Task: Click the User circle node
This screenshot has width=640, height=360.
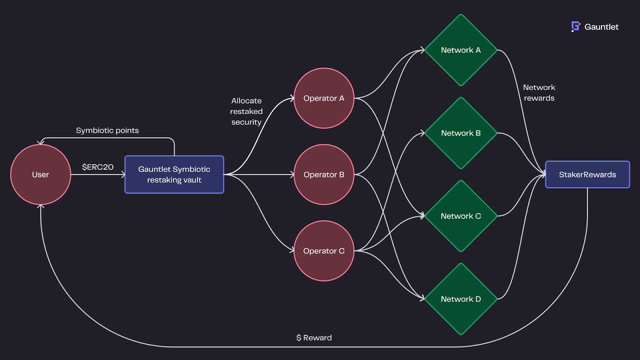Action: pos(40,174)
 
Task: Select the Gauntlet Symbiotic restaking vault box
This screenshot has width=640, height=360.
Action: pos(174,174)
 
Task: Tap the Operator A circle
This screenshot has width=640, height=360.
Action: pos(324,98)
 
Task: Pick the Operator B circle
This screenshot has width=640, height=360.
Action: pos(324,174)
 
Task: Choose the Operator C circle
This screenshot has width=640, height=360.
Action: pos(324,251)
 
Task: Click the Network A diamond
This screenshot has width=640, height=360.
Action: pos(461,50)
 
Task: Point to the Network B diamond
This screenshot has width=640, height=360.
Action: pos(461,133)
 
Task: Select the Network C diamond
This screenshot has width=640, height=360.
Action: pos(461,216)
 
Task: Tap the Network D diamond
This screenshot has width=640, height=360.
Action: pos(461,299)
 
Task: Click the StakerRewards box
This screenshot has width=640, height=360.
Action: pos(587,174)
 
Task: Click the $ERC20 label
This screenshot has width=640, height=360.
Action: pos(98,167)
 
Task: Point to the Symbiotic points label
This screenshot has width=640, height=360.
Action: pos(107,130)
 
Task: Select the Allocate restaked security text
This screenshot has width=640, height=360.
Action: pos(246,112)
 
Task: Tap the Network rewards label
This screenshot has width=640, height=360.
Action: pos(539,93)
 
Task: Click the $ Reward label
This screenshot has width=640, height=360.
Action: pos(314,338)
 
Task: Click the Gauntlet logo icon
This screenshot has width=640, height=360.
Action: pos(576,26)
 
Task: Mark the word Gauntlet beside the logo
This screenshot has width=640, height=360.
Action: pos(601,27)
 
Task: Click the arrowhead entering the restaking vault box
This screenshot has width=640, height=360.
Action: pos(123,174)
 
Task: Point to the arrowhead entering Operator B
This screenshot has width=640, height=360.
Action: pos(292,174)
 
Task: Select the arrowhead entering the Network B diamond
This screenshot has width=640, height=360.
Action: pos(422,133)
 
